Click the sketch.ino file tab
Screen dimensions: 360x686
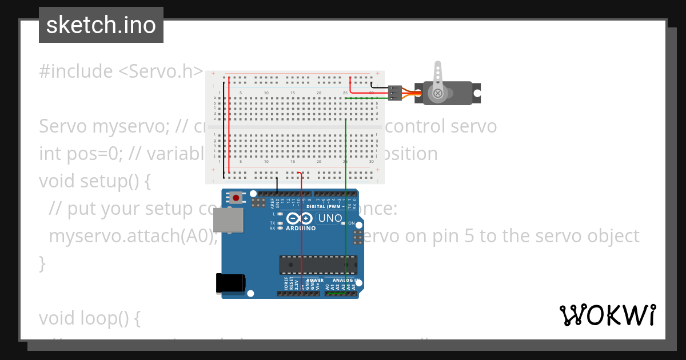point(101,25)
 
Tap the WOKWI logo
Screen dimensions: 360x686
point(607,315)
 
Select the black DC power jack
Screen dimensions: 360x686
point(230,283)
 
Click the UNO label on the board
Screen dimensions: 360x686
point(330,218)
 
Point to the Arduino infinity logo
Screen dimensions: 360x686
point(300,218)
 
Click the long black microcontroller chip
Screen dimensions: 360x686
point(318,265)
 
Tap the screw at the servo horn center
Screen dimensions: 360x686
point(438,93)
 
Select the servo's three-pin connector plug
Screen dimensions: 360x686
point(394,93)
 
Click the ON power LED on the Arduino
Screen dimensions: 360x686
point(344,223)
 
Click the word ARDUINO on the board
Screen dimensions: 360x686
point(300,228)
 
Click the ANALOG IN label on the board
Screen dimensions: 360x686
point(344,281)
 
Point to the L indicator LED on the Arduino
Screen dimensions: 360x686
point(280,214)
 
